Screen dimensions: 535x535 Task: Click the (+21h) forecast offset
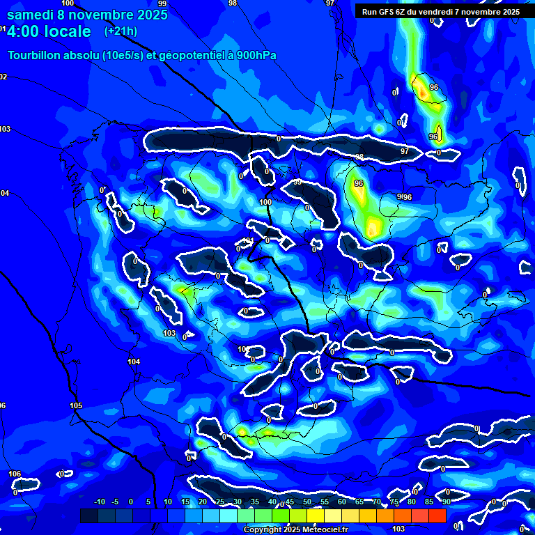pos(121,31)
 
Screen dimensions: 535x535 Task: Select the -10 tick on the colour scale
pos(99,502)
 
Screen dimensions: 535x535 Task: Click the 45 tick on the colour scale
pos(289,502)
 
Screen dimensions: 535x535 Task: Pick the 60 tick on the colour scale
pos(341,502)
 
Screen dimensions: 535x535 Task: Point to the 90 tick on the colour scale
pos(446,502)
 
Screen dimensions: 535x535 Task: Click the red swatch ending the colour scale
pos(437,515)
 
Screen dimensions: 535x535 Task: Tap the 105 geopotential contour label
pos(76,405)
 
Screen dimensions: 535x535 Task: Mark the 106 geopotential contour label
pos(15,474)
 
